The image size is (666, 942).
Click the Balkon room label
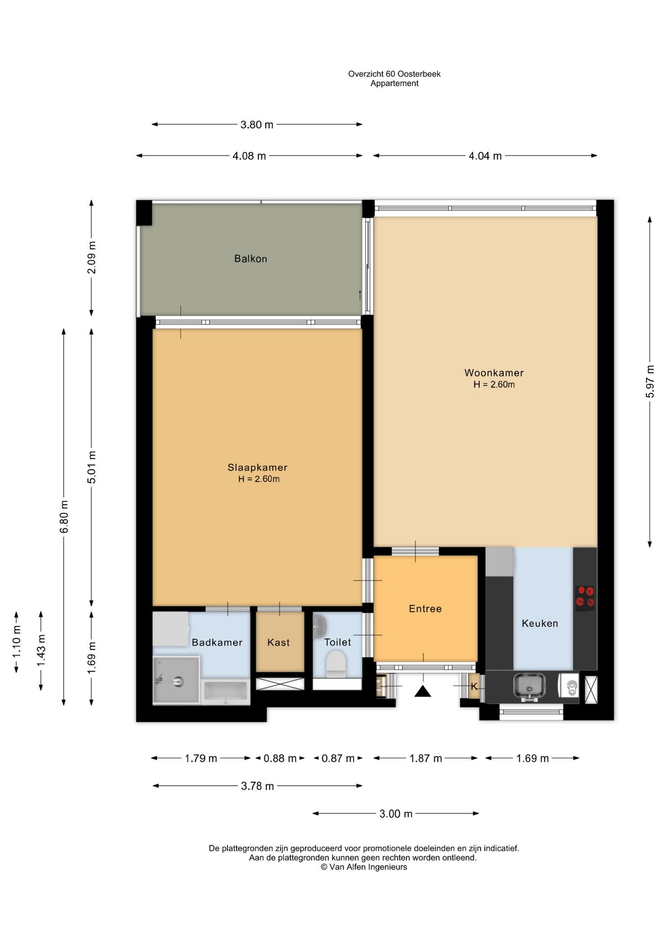tap(251, 259)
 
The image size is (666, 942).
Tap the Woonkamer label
tap(494, 373)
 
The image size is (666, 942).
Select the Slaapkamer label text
tap(257, 468)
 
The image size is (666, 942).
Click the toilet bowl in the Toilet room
tap(336, 663)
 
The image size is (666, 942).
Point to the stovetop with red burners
tap(585, 598)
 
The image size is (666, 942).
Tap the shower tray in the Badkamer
tap(177, 680)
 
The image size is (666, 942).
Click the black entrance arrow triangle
tap(423, 691)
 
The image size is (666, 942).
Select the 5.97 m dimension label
tap(650, 382)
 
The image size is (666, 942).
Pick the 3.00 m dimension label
tap(396, 814)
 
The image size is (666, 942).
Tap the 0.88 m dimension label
tap(280, 759)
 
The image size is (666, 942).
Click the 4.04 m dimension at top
tap(485, 156)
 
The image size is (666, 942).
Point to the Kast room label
tap(279, 642)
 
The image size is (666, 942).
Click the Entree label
tap(425, 609)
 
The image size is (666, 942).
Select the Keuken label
tap(540, 624)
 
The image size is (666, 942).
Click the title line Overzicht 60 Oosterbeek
tap(394, 74)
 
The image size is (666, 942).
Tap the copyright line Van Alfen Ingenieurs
tap(364, 867)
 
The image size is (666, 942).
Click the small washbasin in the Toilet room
tap(319, 625)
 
